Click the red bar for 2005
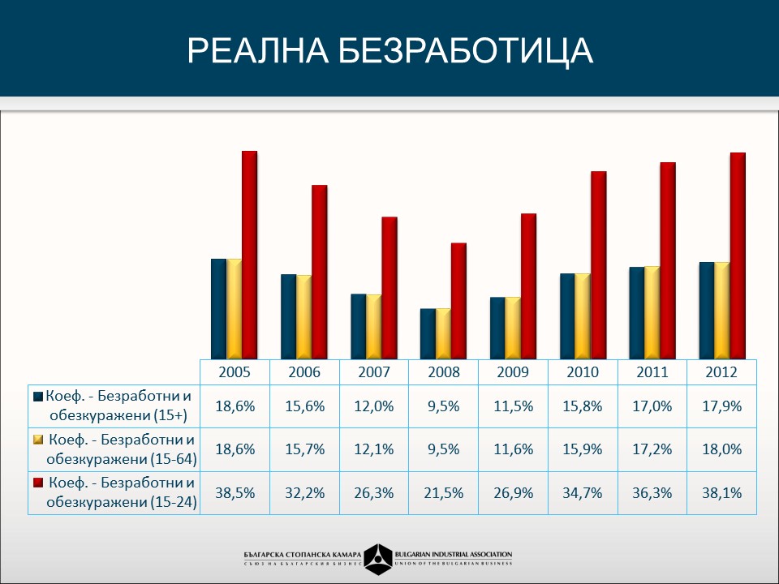click(249, 255)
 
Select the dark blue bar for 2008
click(428, 333)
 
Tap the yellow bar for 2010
click(583, 316)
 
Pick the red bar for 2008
click(458, 301)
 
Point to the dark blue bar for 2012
click(707, 311)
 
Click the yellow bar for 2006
click(303, 317)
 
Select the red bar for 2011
click(668, 260)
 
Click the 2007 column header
click(373, 372)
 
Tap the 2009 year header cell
click(513, 372)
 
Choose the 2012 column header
click(721, 372)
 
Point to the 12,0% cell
click(373, 406)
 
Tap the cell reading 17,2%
click(652, 449)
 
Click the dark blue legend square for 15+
click(38, 397)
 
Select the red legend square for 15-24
click(38, 483)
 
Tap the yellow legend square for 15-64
click(38, 440)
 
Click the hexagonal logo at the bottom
click(380, 557)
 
